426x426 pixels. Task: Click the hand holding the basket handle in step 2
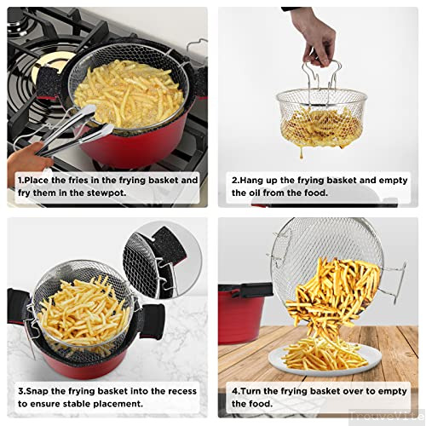click(x=315, y=37)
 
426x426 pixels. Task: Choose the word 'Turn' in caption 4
click(x=250, y=391)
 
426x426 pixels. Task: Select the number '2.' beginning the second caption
click(x=236, y=181)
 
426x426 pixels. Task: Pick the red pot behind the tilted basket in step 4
click(x=241, y=313)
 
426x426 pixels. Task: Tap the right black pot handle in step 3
click(x=152, y=321)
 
